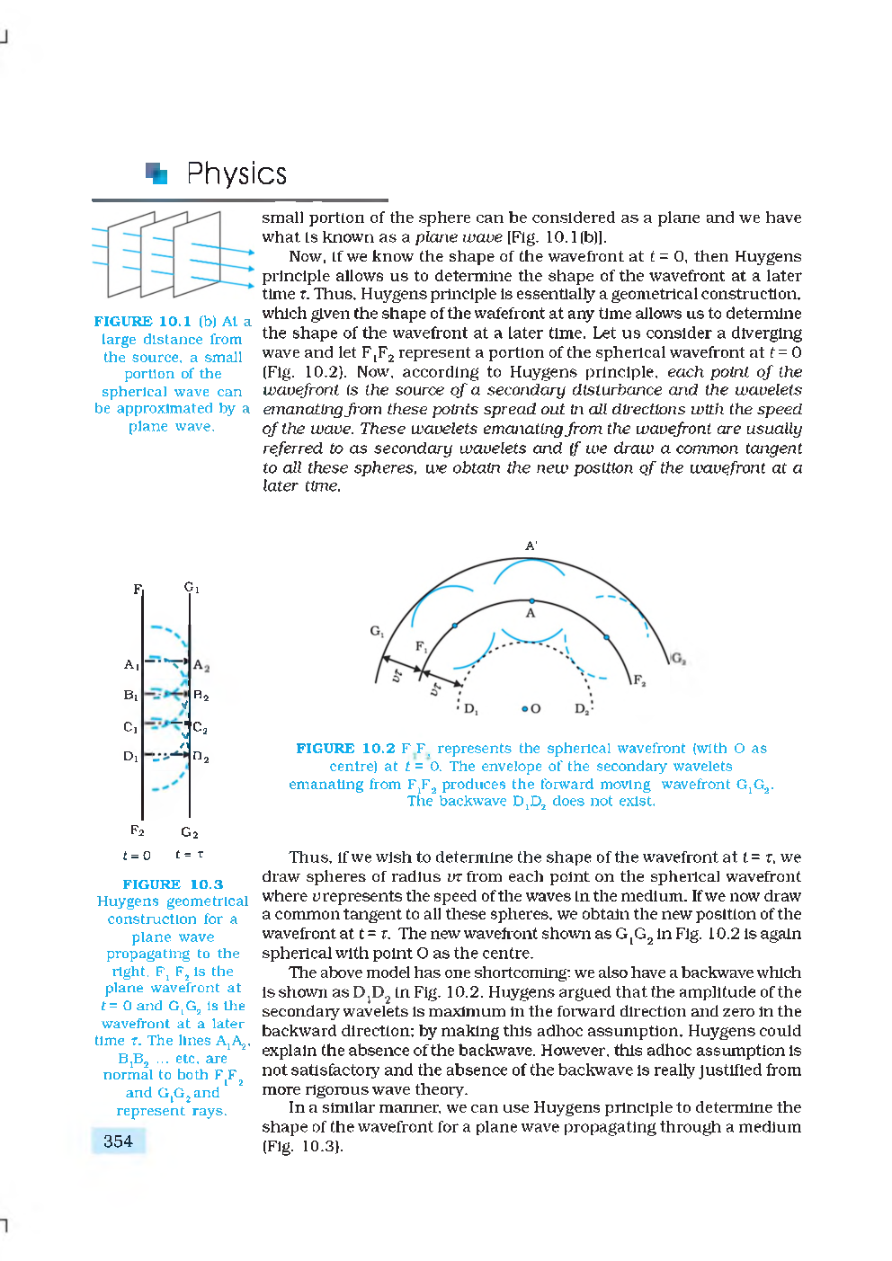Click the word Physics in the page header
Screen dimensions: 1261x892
click(x=236, y=173)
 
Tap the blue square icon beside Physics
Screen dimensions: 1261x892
click(x=156, y=173)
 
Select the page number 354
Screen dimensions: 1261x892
click(x=118, y=1141)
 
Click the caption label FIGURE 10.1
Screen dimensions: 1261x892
click(x=142, y=322)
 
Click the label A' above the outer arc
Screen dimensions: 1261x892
click(x=531, y=546)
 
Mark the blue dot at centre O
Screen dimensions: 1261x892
click(x=524, y=708)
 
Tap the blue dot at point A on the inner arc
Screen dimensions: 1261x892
click(x=531, y=600)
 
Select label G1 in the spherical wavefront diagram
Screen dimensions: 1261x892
click(x=377, y=631)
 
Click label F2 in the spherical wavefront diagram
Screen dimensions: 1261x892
click(x=638, y=680)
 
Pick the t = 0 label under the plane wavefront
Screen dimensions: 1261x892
click(x=137, y=856)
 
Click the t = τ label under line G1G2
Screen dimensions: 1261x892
click(x=189, y=855)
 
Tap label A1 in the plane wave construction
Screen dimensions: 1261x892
click(x=131, y=665)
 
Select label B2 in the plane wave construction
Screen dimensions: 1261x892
click(x=201, y=696)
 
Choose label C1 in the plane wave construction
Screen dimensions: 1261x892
click(x=130, y=727)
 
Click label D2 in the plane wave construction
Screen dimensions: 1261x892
click(x=201, y=758)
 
